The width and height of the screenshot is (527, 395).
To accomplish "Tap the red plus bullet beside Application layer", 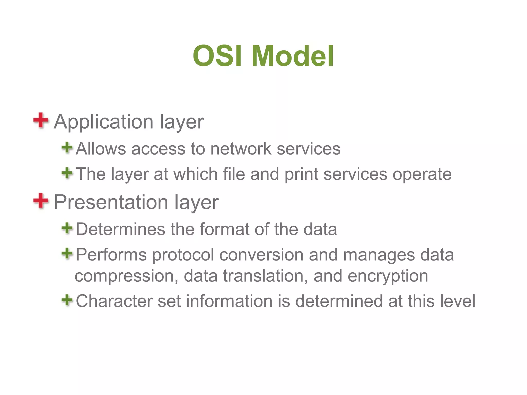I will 41,120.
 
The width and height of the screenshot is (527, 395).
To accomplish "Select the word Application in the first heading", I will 103,122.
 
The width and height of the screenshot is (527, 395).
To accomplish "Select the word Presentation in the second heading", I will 111,202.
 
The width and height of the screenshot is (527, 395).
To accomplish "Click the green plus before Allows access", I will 67,148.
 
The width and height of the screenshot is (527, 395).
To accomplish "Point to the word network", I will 241,149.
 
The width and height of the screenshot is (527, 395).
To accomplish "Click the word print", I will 301,174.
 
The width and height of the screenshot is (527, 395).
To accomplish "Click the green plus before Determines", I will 67,228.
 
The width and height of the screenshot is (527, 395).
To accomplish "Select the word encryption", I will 388,276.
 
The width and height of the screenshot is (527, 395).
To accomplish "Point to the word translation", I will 265,276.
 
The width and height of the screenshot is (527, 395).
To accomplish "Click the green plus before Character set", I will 67,300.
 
